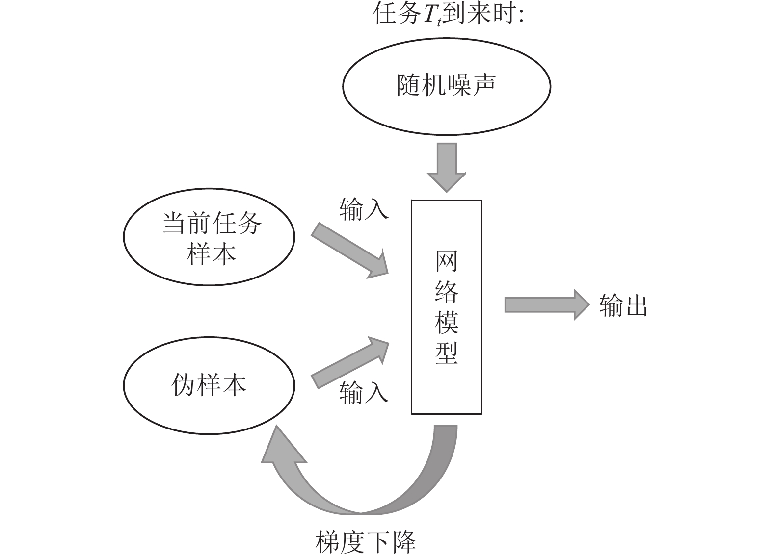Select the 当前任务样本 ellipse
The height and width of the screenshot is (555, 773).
point(209,238)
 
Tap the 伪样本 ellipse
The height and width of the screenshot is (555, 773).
point(209,385)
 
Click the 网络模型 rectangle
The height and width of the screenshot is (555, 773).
point(446,392)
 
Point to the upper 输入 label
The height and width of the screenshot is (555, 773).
point(364,209)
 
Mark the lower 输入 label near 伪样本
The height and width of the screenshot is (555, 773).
point(364,393)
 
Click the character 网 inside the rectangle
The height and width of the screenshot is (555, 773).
point(446,261)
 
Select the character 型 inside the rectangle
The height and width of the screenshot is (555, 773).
point(446,353)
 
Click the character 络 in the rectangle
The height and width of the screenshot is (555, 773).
point(446,291)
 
